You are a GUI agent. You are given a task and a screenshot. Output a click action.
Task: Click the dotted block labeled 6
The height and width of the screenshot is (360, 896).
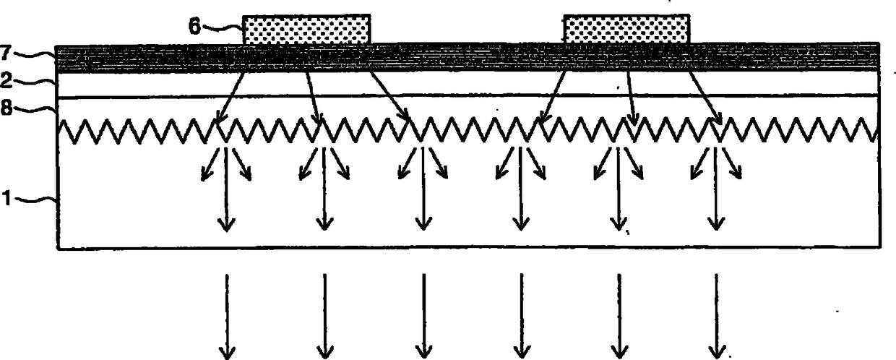pos(306,30)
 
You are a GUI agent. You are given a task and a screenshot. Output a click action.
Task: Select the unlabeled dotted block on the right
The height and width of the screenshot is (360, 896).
pos(626,30)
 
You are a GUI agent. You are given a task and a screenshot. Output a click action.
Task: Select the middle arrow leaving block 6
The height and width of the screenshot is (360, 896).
pos(312,95)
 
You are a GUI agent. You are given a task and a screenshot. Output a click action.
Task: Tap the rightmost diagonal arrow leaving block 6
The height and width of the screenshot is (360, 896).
pos(388,95)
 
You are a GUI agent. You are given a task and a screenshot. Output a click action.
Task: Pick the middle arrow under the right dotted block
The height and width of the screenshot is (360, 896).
pos(630,95)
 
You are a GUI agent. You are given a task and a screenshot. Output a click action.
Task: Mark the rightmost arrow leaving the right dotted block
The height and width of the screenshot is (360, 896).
pos(705,95)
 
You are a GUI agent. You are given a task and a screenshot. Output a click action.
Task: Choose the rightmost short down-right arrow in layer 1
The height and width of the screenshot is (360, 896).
pos(733,164)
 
